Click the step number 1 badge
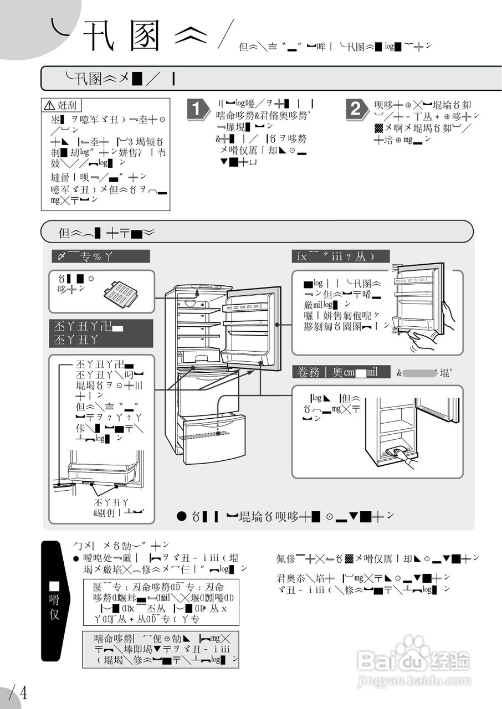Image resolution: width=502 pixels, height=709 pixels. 196,109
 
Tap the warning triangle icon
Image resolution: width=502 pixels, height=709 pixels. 50,105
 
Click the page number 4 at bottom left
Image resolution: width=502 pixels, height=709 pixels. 23,692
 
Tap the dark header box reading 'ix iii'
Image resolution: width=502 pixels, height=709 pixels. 340,256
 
